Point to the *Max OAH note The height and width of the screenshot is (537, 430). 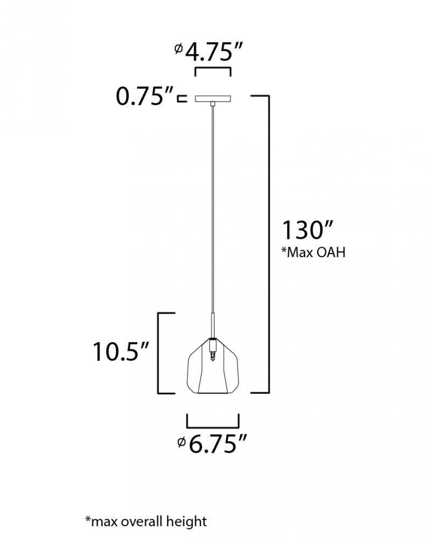tap(313, 252)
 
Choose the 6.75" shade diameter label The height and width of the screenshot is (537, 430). tap(213, 444)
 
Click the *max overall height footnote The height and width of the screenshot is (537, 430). tap(146, 521)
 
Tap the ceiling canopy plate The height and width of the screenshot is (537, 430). tap(213, 99)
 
